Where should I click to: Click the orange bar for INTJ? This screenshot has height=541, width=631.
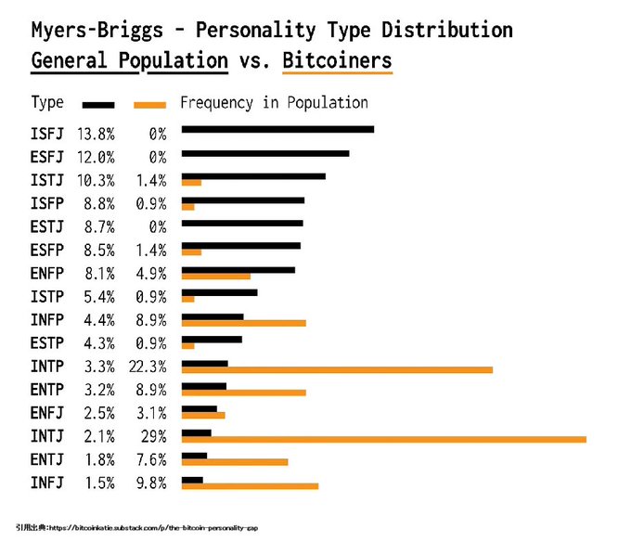384,440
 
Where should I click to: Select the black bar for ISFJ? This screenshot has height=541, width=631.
277,129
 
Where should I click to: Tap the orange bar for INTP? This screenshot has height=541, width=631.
337,370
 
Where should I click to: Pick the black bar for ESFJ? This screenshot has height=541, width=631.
265,153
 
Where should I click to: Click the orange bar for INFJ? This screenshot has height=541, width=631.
250,486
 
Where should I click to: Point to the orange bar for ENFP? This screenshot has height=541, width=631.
215,277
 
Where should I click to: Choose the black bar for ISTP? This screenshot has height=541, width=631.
219,292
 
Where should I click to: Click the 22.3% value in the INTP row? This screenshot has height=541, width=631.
148,367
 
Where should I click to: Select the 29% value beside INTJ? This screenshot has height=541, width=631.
153,436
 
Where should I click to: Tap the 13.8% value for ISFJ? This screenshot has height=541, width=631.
96,134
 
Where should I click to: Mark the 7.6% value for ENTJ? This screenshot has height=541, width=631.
151,459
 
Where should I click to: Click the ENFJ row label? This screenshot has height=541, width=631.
47,413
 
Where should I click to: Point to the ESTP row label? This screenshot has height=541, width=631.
47,343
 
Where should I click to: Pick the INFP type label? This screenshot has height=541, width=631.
47,320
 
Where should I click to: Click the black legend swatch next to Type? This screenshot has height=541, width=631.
98,105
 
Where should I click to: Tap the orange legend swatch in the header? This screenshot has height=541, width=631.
149,105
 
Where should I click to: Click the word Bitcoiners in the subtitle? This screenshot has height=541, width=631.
337,61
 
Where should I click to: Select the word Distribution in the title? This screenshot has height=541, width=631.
447,30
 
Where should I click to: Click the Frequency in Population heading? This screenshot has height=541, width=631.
274,103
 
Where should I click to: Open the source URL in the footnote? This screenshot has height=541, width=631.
153,528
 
